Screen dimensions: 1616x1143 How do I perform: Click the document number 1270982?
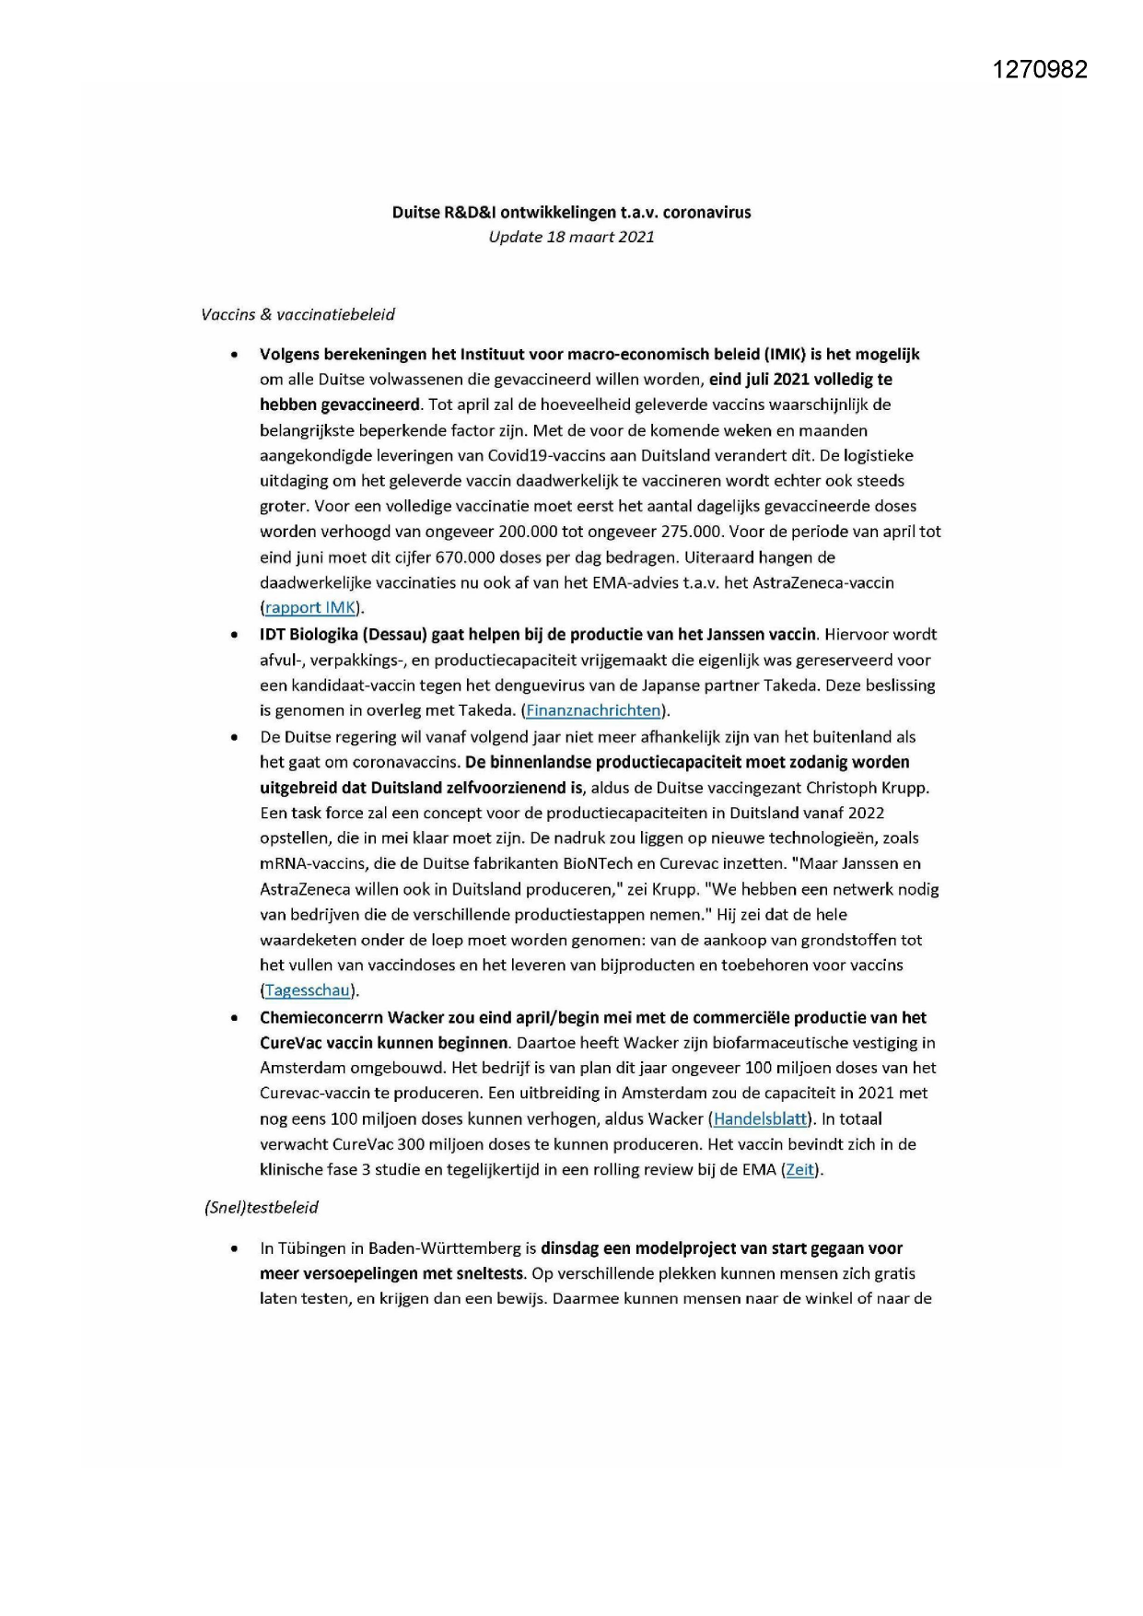1040,69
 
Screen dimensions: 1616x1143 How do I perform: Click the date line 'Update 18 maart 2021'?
571,237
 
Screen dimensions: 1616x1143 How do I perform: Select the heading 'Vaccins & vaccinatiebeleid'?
297,314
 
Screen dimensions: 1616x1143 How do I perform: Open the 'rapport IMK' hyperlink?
310,607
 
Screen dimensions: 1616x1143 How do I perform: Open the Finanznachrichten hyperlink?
593,710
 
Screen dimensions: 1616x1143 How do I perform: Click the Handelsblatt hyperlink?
760,1118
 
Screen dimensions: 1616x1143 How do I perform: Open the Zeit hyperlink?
799,1170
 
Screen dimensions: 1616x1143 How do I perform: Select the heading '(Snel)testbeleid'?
262,1207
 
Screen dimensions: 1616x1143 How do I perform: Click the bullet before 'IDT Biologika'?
237,635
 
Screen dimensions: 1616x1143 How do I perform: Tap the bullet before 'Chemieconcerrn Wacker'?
237,1018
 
